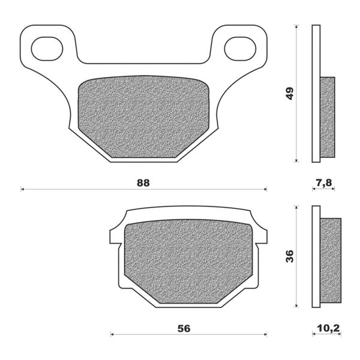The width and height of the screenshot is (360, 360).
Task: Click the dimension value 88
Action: click(x=142, y=182)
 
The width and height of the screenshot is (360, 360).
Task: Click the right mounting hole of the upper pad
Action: click(x=240, y=48)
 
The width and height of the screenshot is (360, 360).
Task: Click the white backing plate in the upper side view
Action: click(x=316, y=94)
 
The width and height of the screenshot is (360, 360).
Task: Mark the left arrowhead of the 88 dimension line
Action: click(x=23, y=190)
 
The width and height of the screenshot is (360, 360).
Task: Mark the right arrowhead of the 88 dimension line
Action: click(x=265, y=190)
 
